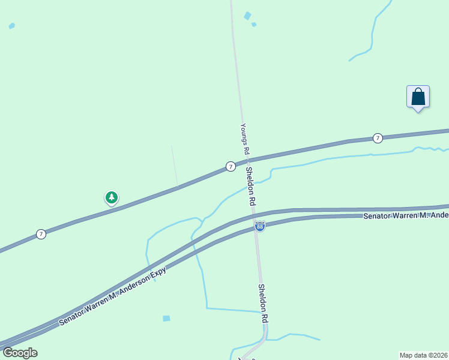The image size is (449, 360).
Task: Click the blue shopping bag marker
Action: point(418,97)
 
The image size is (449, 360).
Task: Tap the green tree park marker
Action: point(111,197)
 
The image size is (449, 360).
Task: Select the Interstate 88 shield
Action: point(259,226)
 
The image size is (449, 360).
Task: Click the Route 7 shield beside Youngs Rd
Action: point(231,166)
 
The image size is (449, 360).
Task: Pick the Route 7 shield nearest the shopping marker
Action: point(378,138)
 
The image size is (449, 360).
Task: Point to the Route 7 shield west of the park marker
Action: point(41,234)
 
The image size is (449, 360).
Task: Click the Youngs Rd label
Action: point(244,139)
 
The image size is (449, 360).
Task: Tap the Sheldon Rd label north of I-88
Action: point(251,186)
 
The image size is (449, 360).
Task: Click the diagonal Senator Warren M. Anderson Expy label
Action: point(112,296)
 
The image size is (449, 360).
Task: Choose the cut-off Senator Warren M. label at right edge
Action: point(406,214)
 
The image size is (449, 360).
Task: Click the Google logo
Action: point(20,353)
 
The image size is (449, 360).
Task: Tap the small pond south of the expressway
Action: point(166,318)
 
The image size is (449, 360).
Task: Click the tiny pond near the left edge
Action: point(11,26)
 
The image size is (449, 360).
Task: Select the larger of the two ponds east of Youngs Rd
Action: point(247,16)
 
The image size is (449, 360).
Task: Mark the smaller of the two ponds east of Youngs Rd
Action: point(254,25)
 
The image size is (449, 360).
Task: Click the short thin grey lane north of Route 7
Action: point(175,166)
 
